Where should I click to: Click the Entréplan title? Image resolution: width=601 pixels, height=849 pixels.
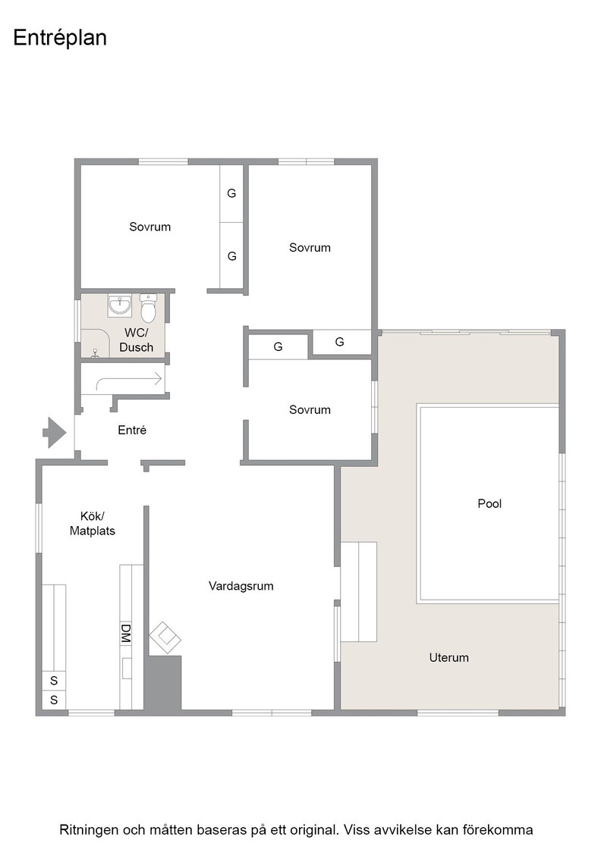click(60, 38)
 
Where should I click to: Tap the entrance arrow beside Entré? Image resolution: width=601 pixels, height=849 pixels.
click(55, 433)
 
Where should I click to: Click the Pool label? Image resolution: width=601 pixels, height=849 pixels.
click(489, 503)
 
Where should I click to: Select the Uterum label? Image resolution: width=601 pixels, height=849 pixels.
click(448, 657)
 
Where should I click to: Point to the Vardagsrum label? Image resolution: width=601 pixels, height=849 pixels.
click(241, 586)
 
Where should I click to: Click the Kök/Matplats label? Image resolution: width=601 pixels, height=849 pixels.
click(92, 524)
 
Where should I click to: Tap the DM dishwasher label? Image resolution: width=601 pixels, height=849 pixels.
click(125, 633)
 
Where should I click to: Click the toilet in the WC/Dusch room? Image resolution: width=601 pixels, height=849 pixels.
click(149, 308)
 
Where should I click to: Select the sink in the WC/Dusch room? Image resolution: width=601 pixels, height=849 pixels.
click(119, 305)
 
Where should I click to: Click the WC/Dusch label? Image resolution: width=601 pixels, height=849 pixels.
click(136, 340)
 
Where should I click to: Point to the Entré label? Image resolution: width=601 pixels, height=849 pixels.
click(132, 430)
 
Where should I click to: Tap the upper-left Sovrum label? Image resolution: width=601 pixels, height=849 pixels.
click(149, 227)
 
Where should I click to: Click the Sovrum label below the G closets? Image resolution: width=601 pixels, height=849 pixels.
click(310, 410)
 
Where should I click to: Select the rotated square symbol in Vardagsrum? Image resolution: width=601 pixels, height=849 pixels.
click(165, 638)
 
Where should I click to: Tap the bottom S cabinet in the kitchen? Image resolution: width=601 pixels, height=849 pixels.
click(54, 700)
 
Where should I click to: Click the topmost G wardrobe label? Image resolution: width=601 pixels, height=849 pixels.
click(231, 193)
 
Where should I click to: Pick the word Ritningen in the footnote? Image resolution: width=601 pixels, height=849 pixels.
click(89, 830)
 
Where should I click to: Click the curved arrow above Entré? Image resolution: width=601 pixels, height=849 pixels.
click(129, 380)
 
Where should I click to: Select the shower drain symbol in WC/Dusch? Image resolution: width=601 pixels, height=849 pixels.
click(96, 352)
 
